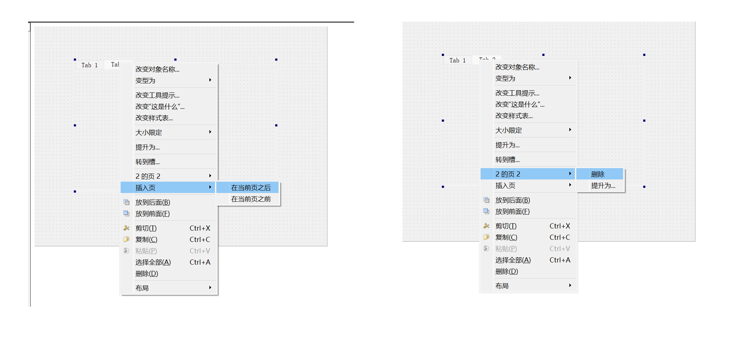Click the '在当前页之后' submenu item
pos(251,187)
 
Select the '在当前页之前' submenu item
pos(251,199)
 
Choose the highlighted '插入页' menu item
pos(145,187)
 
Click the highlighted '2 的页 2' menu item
pos(508,174)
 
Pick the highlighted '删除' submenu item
pos(597,174)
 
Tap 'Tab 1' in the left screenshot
pos(90,65)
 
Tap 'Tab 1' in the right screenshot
pos(458,60)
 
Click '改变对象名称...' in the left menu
pos(157,69)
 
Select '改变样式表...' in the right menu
pos(514,115)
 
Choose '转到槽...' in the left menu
pos(147,162)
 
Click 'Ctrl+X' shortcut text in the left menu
pos(200,228)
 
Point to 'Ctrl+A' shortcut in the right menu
pos(559,260)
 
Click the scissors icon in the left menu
pos(126,228)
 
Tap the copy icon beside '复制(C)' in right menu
pos(486,237)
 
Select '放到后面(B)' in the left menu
pos(152,202)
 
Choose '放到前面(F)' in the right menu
pos(512,211)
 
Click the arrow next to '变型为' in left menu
pos(210,80)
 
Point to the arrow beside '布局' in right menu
pos(570,285)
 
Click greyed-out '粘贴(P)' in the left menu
pos(146,251)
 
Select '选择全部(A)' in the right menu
pos(513,260)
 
